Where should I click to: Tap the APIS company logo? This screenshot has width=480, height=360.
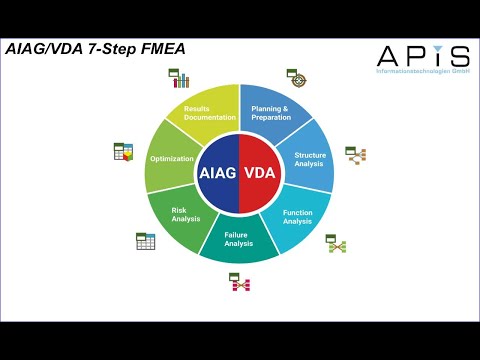421,56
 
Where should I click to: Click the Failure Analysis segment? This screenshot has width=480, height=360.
238,240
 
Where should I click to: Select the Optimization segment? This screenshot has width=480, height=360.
171,159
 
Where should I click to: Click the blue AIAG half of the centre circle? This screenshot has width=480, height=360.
218,172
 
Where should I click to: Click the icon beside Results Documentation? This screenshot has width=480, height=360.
179,77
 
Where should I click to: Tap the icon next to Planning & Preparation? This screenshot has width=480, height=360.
297,77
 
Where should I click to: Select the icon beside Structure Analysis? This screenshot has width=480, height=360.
355,154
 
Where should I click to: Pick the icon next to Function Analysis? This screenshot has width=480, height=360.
336,243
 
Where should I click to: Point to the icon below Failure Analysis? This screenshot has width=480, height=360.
240,284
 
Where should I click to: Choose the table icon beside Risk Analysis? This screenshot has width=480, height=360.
146,241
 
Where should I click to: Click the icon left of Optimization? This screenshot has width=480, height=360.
123,152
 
